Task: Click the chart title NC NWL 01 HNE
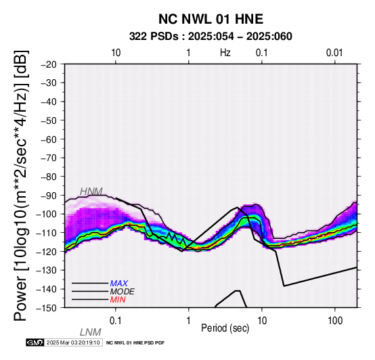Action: click(211, 19)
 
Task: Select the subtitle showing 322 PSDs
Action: click(211, 37)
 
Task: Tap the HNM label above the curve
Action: click(91, 192)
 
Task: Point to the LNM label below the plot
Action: click(91, 332)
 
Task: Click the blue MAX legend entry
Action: click(119, 284)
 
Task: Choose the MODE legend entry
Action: click(123, 292)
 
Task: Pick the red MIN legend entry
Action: click(118, 300)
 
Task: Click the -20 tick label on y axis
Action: click(49, 64)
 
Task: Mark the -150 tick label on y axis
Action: click(47, 308)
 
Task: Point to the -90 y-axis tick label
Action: click(49, 196)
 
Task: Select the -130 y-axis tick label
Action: click(47, 270)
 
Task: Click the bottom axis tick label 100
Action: click(335, 321)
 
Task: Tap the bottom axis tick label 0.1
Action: click(116, 321)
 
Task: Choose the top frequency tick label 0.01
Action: click(334, 53)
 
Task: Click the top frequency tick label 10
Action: click(116, 53)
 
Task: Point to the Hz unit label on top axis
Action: click(225, 53)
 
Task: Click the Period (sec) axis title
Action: click(225, 328)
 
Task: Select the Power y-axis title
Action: click(21, 185)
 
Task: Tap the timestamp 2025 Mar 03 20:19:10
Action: click(73, 342)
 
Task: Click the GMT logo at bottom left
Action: click(35, 342)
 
